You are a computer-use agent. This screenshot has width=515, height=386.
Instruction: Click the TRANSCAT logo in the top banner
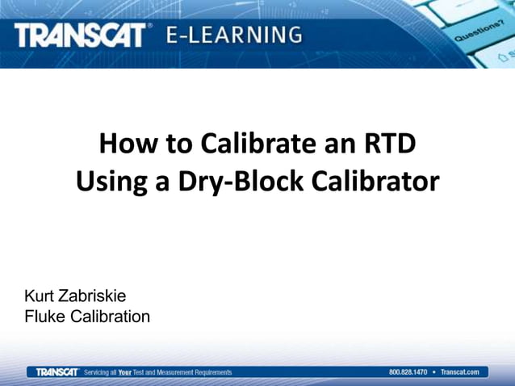pyautogui.click(x=81, y=35)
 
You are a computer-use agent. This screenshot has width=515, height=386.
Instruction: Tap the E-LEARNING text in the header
pyautogui.click(x=235, y=35)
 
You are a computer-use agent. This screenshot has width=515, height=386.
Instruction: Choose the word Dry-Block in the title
pyautogui.click(x=235, y=181)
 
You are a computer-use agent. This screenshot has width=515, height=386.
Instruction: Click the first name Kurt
pyautogui.click(x=40, y=296)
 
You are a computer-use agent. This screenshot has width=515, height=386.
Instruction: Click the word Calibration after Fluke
pyautogui.click(x=111, y=316)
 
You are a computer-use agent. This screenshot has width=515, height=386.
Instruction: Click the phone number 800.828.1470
pyautogui.click(x=408, y=372)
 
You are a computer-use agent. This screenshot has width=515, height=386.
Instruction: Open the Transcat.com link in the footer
pyautogui.click(x=460, y=372)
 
